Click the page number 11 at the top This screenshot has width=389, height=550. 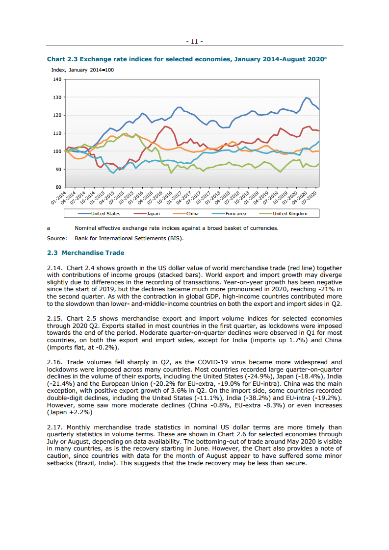[x=194, y=42]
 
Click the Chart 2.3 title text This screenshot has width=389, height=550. [x=186, y=59]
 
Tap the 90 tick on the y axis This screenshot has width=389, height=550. [x=58, y=169]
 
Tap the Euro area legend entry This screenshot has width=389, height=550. [x=233, y=214]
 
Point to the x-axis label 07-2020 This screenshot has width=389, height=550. [x=311, y=197]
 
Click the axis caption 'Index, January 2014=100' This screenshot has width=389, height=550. [x=82, y=70]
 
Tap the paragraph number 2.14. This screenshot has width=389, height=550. [x=54, y=268]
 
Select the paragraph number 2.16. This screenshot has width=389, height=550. [x=54, y=362]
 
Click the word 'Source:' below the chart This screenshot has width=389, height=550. [x=56, y=238]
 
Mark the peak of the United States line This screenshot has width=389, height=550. [x=307, y=98]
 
